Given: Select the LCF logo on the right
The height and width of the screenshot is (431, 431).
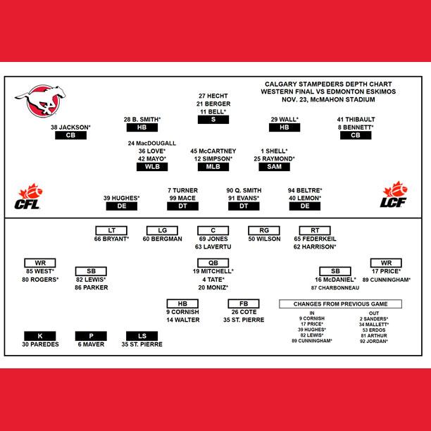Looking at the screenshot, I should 396,197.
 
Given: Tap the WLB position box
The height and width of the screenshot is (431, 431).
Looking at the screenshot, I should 152,167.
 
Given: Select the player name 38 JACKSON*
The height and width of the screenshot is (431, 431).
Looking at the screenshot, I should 70,127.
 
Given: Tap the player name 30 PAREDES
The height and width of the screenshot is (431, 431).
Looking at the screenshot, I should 39,344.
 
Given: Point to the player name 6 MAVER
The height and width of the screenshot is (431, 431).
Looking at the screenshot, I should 92,344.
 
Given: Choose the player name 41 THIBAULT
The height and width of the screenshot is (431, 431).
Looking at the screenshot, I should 356,119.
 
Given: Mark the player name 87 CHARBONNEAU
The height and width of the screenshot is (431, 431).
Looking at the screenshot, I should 335,288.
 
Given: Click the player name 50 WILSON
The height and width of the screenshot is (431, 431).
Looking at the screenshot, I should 264,239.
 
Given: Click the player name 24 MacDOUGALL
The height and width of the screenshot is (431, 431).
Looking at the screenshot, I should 152,143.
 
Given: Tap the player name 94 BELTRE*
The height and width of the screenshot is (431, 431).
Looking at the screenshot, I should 305,190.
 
